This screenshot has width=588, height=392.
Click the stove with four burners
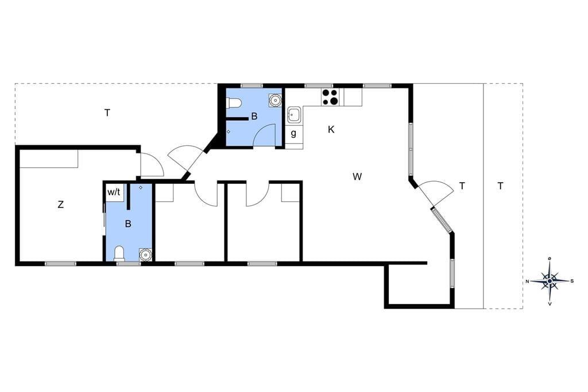click(330, 97)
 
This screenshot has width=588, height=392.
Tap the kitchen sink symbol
click(293, 114)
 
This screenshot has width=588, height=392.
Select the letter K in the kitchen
click(331, 129)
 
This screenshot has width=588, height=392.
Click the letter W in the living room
click(357, 176)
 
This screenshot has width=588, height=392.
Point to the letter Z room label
click(60, 205)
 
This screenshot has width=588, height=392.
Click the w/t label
click(114, 192)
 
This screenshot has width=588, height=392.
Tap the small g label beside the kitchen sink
click(293, 133)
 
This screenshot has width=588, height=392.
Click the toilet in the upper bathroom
click(234, 102)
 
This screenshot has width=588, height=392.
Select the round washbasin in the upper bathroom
click(275, 99)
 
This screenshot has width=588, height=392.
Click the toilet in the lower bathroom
click(119, 253)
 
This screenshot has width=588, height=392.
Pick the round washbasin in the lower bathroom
click(145, 254)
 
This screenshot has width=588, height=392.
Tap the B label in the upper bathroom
click(254, 117)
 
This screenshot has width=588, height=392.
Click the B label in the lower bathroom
click(128, 224)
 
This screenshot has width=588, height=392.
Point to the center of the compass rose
click(550, 281)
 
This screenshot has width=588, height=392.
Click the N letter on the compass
click(527, 281)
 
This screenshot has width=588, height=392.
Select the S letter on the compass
click(572, 281)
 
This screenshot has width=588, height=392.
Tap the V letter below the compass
click(550, 303)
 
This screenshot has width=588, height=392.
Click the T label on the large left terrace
click(107, 113)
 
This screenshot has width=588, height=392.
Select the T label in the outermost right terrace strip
click(500, 186)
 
